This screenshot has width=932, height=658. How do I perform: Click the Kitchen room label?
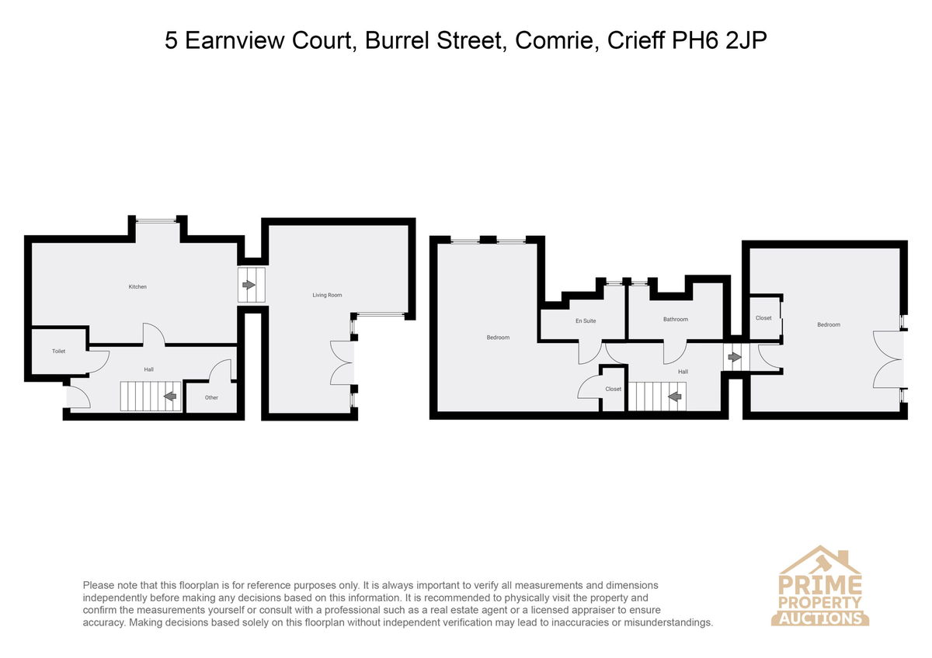137,287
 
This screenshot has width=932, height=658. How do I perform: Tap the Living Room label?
327,295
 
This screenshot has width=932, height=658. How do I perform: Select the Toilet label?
59,352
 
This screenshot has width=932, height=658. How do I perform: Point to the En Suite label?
586,321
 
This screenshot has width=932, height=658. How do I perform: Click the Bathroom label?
675,319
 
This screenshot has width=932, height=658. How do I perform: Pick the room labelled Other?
211,398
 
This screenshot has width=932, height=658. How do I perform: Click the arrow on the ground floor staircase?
170,397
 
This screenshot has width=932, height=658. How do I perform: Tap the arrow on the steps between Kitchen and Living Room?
249,285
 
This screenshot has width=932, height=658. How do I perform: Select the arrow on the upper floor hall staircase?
674,397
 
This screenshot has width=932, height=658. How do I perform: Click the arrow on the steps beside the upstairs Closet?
735,357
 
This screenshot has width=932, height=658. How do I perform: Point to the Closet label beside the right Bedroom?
763,318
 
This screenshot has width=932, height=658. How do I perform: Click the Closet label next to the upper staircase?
614,389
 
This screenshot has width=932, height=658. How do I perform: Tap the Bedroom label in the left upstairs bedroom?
498,338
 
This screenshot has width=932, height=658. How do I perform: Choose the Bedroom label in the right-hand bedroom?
829,324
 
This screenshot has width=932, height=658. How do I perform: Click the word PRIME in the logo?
820,585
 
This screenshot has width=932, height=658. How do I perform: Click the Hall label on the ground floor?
148,369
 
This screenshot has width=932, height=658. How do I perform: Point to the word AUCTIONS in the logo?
820,618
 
